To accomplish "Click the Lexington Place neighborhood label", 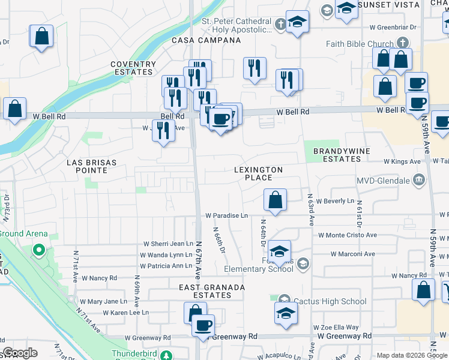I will (x=261, y=173).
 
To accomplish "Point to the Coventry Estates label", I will (x=133, y=68).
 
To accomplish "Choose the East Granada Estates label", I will (x=212, y=291).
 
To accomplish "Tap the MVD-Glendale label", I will (x=382, y=180).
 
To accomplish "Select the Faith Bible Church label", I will (x=360, y=44).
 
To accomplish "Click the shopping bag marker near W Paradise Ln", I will (x=275, y=200).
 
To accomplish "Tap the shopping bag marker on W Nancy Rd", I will (x=424, y=290).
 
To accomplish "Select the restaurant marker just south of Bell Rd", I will (x=163, y=131).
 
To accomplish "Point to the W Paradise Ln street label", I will (x=226, y=215).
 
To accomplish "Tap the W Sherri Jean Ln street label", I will (x=167, y=244).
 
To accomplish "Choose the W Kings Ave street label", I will (x=402, y=161).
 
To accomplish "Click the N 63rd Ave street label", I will (x=311, y=208).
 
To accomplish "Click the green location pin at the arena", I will (x=39, y=250).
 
